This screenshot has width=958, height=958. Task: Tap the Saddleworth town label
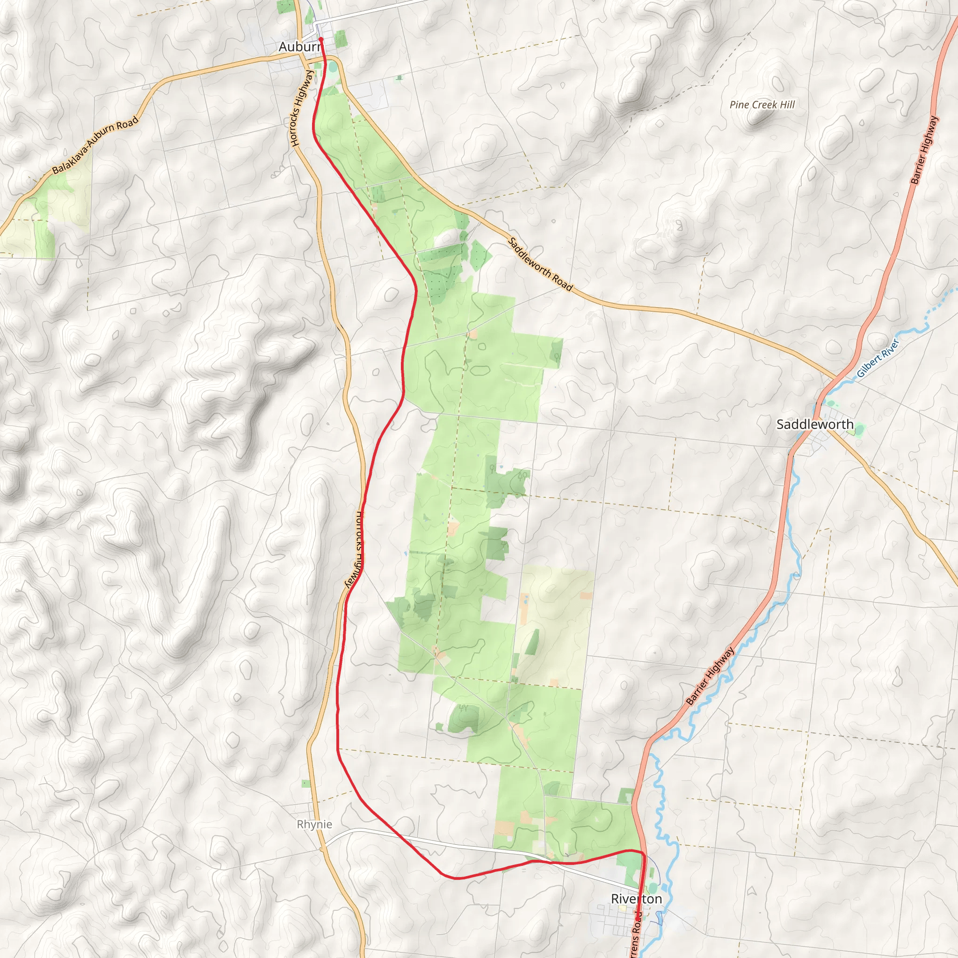coord(815,424)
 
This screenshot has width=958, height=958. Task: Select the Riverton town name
coord(636,899)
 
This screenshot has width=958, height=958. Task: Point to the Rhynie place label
coord(314,824)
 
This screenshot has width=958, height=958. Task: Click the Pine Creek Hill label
coord(762,105)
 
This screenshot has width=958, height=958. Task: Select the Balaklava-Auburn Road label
coord(95,145)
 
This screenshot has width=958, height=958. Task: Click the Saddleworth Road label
coord(540,264)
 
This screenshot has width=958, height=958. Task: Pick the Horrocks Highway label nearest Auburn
coord(303,108)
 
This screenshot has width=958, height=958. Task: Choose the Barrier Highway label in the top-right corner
coord(924,150)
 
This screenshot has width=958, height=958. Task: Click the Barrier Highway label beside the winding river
coord(710,676)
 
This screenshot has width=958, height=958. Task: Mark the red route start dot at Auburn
coord(321,39)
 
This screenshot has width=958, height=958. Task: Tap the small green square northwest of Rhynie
coord(306,784)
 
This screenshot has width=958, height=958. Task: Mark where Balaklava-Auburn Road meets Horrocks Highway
coord(301,56)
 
